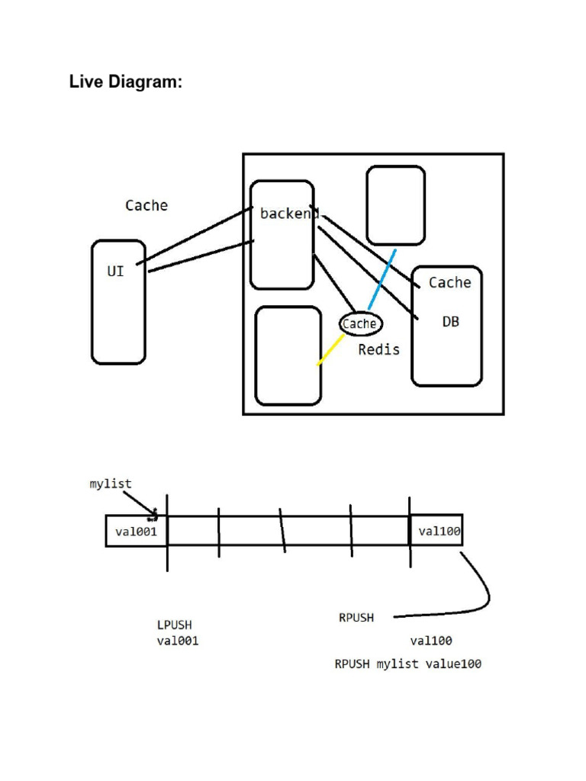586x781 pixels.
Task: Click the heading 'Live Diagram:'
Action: (126, 82)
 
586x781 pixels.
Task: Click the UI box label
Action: (115, 271)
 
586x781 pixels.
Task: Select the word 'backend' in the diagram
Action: (288, 214)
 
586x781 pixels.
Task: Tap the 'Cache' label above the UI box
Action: (146, 205)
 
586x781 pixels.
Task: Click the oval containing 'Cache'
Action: (359, 324)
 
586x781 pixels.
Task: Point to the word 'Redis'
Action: (378, 350)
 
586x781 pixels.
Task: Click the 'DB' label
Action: (451, 322)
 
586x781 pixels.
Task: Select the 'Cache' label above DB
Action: (449, 282)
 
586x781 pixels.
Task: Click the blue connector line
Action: (382, 279)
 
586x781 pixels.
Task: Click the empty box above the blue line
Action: (395, 205)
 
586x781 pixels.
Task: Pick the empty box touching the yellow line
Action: (288, 355)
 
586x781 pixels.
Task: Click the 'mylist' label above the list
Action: (111, 484)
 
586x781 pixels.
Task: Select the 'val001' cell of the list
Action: (136, 531)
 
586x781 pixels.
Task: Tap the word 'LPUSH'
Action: (175, 625)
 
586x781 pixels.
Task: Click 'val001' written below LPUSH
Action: (178, 641)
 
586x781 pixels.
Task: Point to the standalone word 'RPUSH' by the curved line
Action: (356, 618)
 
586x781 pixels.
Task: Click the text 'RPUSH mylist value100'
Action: (407, 664)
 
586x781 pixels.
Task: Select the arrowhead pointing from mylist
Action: (154, 513)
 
